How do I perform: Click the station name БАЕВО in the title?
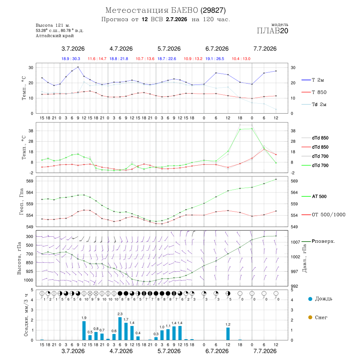pyautogui.click(x=184, y=10)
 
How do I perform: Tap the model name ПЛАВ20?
pyautogui.click(x=272, y=31)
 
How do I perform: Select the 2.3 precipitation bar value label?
pyautogui.click(x=120, y=314)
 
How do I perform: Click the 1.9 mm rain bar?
pyautogui.click(x=84, y=331)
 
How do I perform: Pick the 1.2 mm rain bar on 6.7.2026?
pyautogui.click(x=228, y=334)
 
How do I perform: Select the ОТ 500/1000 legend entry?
pyautogui.click(x=323, y=215)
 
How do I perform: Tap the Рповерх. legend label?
pyautogui.click(x=323, y=241)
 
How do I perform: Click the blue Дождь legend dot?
pyautogui.click(x=310, y=299)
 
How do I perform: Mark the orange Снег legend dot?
pyautogui.click(x=310, y=317)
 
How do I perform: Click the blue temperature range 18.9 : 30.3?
pyautogui.click(x=71, y=59)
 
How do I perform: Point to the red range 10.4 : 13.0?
pyautogui.click(x=241, y=59)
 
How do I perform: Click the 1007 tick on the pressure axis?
pyautogui.click(x=296, y=242)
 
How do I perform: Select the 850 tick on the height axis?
pyautogui.click(x=29, y=263)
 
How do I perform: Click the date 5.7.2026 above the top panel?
pyautogui.click(x=169, y=49)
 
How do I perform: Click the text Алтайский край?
pyautogui.click(x=55, y=36)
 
